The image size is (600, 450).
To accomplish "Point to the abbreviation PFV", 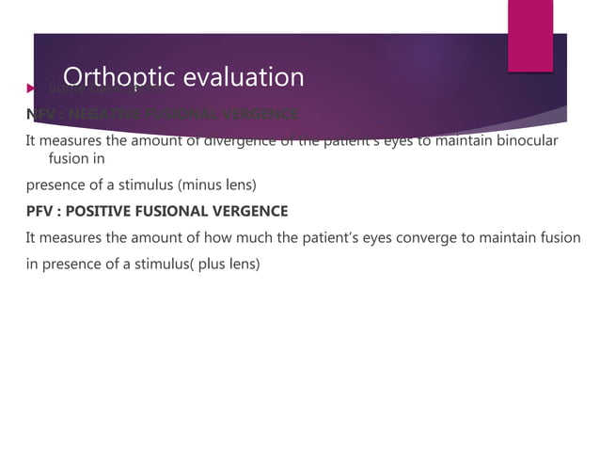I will click(x=40, y=210).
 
